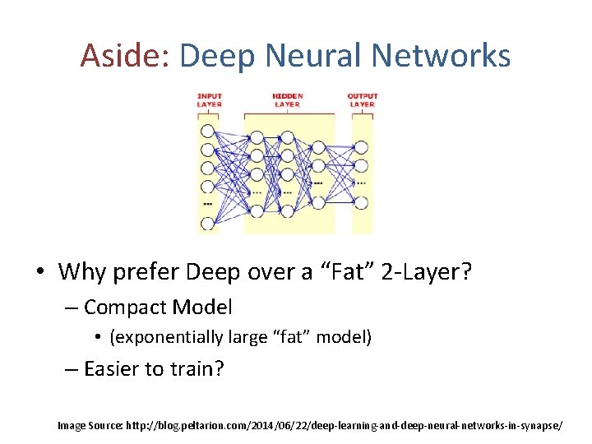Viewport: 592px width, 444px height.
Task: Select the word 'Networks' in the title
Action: [441, 56]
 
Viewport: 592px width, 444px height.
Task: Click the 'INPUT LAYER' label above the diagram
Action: [209, 100]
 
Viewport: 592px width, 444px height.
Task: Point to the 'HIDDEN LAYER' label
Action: [287, 100]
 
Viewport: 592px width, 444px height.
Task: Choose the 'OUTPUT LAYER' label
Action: [362, 100]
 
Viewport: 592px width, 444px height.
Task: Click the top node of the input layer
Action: [207, 131]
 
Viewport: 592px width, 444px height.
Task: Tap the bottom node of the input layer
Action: [207, 222]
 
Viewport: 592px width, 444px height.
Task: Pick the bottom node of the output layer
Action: [361, 200]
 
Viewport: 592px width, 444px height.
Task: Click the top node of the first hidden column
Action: [257, 137]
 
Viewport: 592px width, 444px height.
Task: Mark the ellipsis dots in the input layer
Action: [207, 204]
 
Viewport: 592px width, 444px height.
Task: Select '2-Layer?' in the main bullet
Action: [428, 271]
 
